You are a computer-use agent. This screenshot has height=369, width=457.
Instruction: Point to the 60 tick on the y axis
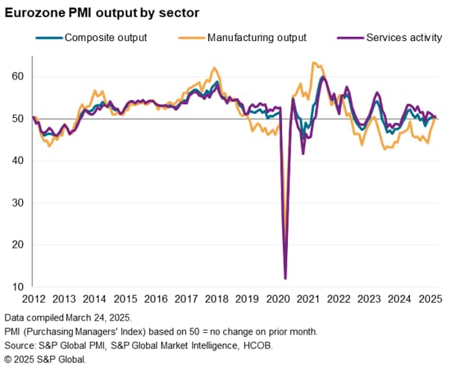click(x=18, y=76)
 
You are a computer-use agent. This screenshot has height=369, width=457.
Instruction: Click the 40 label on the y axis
click(x=18, y=160)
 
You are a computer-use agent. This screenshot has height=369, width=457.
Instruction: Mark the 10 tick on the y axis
click(x=18, y=287)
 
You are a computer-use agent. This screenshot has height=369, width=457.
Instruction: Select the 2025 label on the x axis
click(x=431, y=299)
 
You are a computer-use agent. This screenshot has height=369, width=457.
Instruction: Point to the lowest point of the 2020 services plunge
click(x=285, y=279)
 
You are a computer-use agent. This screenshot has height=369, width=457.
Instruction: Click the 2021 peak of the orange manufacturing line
click(x=314, y=62)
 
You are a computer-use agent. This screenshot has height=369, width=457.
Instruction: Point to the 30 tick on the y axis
click(x=18, y=202)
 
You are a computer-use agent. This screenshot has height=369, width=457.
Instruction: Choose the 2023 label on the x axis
click(x=370, y=299)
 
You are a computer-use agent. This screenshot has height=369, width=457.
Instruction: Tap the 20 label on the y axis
click(x=18, y=245)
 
